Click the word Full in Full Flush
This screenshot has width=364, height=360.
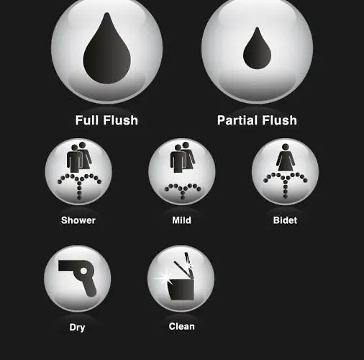point(88,120)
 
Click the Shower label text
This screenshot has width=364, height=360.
point(78,220)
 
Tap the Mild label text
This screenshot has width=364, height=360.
point(181,220)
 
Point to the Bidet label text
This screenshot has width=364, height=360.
point(285,220)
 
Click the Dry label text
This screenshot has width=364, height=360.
point(77,328)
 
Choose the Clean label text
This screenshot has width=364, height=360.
point(181,326)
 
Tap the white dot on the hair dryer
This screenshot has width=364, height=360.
point(83,271)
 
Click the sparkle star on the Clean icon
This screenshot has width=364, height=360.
point(163,278)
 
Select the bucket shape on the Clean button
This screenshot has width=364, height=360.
point(181,289)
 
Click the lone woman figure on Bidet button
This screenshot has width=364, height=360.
point(286,158)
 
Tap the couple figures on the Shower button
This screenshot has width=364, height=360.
point(79,157)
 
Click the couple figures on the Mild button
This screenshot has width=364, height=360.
point(183,157)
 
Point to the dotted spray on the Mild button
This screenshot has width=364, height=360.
point(183,189)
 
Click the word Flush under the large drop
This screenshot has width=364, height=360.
point(121,120)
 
